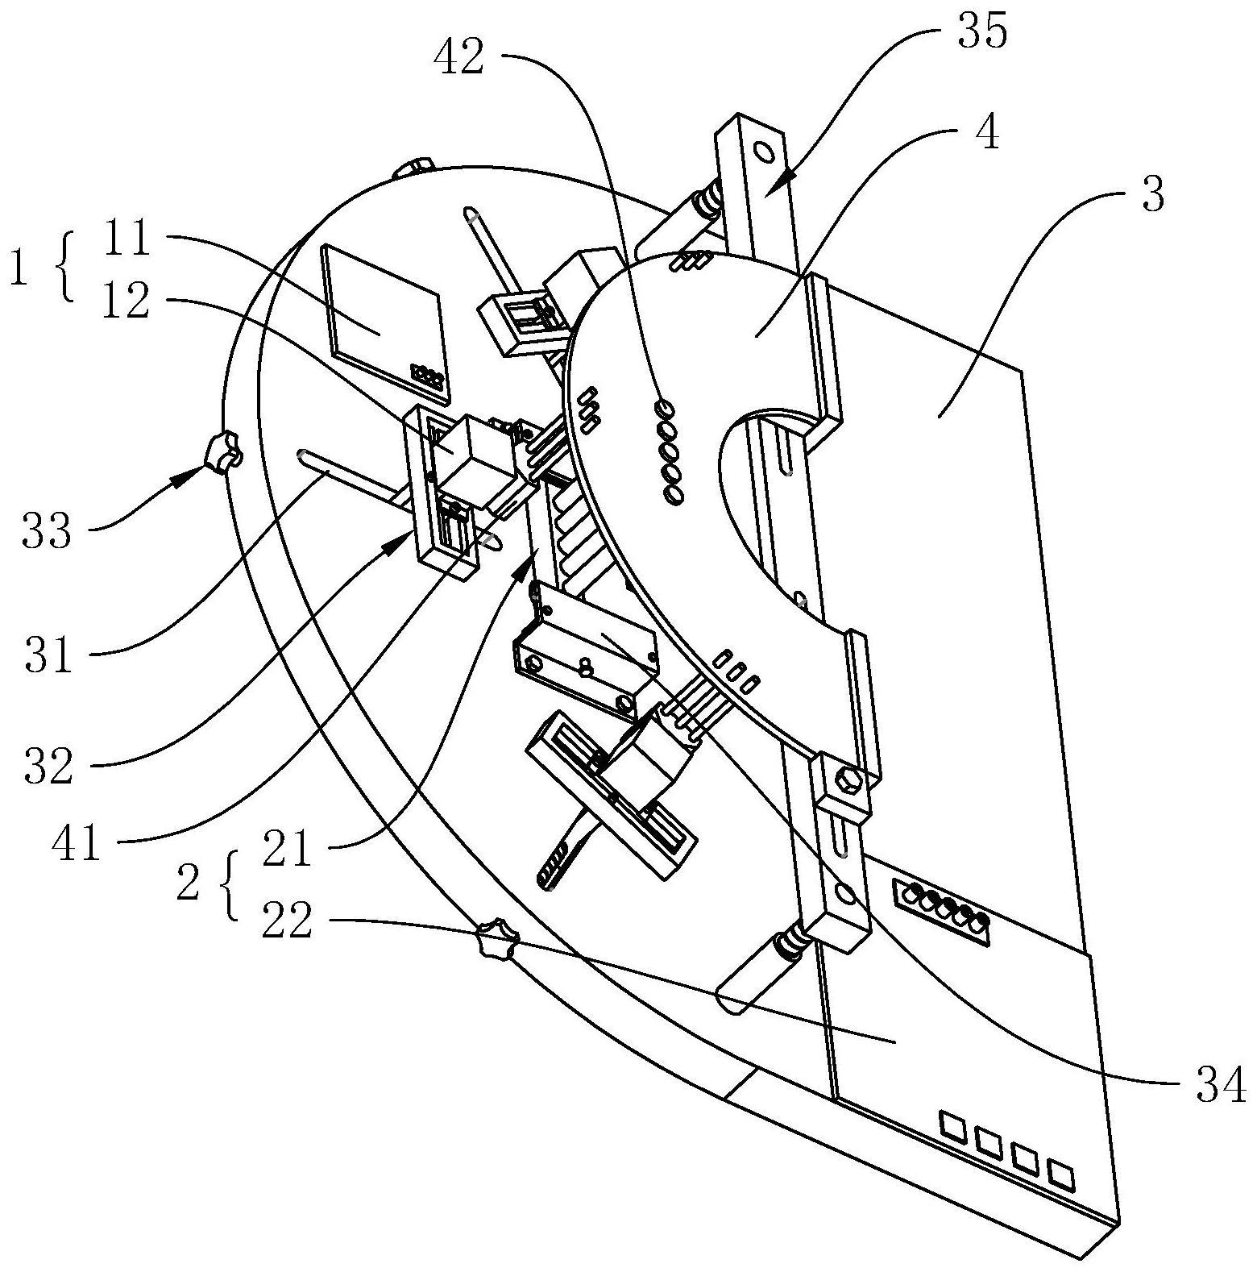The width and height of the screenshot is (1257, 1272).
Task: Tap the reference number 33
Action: coord(46,533)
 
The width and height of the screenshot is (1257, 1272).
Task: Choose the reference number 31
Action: coord(47,655)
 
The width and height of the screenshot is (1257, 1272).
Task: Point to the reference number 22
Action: coord(287,921)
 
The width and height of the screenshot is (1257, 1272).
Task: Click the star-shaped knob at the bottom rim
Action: coord(496,938)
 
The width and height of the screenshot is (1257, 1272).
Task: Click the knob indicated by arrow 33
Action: coord(223,451)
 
